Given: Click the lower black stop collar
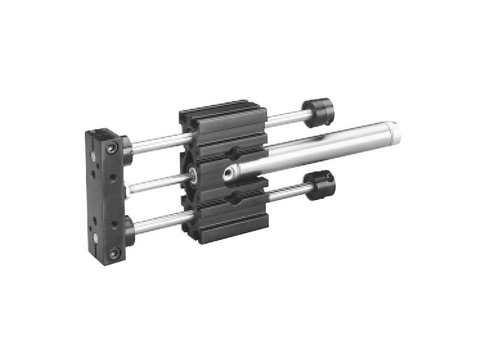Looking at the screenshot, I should point(319,185).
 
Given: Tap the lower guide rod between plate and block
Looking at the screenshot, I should point(157,222).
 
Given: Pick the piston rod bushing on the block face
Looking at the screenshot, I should point(194,175).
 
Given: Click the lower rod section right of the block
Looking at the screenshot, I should point(287,193).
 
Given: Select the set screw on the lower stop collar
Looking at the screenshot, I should point(329,178).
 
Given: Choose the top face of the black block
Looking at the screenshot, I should point(222,108).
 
